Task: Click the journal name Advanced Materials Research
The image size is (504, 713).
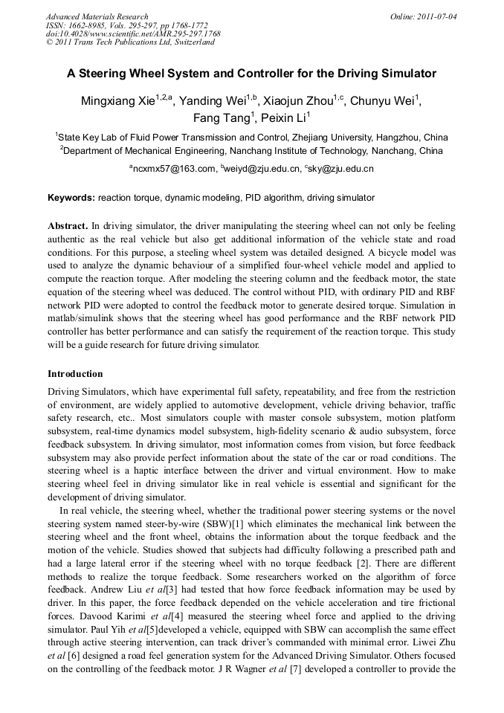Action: [x=97, y=16]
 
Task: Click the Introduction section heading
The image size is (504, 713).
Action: [x=75, y=374]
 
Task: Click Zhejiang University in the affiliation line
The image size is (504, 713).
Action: [x=335, y=138]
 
